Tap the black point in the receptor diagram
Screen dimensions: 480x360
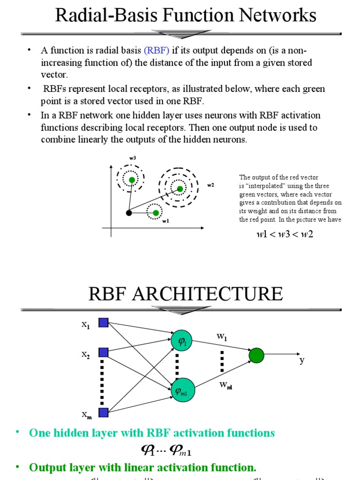(129, 213)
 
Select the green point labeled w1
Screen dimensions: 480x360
(156, 213)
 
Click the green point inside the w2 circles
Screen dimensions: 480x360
(180, 189)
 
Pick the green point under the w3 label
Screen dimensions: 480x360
(132, 180)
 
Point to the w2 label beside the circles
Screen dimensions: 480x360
(210, 185)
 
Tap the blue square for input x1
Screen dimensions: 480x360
(104, 322)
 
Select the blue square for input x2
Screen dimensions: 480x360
(104, 352)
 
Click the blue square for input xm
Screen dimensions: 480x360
(104, 412)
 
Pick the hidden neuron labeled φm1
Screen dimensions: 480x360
(182, 390)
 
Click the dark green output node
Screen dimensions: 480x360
(256, 356)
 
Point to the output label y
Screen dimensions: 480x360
(302, 360)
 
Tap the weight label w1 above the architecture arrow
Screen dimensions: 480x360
(221, 336)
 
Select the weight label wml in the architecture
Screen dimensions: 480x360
(225, 385)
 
